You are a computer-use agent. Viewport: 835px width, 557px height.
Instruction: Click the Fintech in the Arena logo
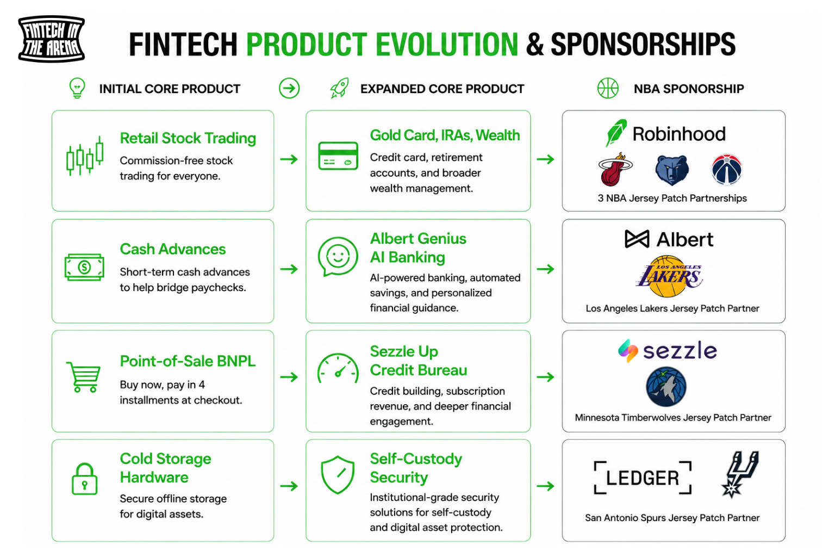52,39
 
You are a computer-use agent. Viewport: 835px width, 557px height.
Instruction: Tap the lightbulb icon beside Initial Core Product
77,88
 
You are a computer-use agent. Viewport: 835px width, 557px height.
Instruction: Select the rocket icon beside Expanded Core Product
339,88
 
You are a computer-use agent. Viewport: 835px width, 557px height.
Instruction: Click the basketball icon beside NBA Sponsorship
608,88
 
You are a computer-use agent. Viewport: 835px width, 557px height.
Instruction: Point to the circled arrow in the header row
289,88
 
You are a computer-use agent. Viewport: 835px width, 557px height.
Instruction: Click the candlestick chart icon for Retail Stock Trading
85,156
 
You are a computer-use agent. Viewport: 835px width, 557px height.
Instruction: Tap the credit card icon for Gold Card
338,156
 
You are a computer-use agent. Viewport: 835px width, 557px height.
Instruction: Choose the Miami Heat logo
615,169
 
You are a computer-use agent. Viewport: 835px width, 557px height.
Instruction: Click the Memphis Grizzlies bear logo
672,170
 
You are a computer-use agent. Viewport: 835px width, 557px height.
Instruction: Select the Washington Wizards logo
726,170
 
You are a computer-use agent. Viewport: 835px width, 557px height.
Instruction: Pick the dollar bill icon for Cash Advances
84,267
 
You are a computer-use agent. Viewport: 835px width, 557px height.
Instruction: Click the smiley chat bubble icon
338,257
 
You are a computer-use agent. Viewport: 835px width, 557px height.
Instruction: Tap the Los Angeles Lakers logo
669,276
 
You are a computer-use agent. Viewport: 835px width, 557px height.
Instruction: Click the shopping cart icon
84,377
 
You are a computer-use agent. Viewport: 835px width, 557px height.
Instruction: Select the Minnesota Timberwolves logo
666,387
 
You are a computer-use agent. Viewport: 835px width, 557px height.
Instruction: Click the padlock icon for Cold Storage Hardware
84,479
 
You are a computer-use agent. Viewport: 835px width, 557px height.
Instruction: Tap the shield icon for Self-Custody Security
338,474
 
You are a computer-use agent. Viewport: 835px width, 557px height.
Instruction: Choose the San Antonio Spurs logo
739,474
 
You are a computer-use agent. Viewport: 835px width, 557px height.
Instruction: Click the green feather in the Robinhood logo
616,132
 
